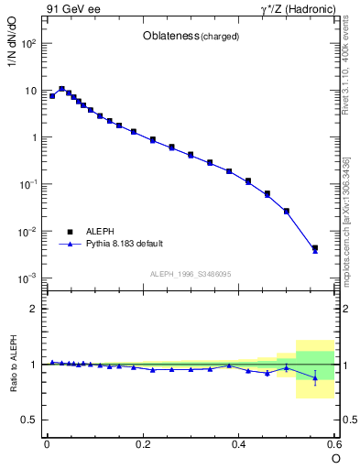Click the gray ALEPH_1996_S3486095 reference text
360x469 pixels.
(x=191, y=274)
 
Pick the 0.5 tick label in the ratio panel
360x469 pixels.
(x=31, y=420)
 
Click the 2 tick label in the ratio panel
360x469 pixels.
(x=36, y=309)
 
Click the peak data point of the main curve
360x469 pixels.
(x=61, y=89)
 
